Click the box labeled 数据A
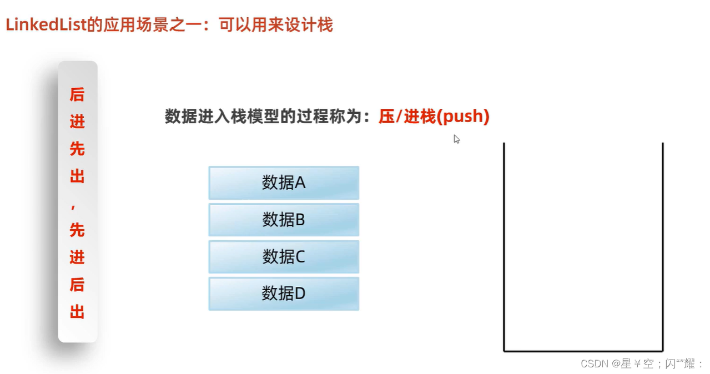284,183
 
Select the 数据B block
284,220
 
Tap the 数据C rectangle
284,256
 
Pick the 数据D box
284,294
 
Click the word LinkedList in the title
46,25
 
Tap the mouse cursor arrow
456,139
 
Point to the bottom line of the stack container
583,351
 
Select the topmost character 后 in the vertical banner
77,95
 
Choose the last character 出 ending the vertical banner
77,312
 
